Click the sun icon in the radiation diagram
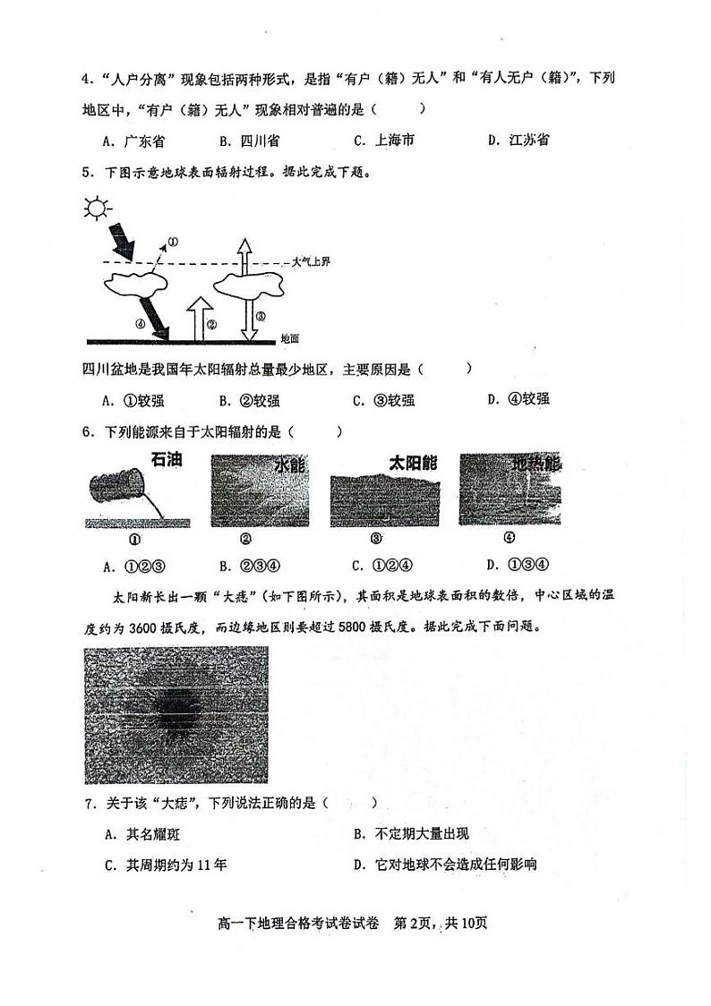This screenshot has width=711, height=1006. coord(97,209)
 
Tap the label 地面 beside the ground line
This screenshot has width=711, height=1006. coord(289,339)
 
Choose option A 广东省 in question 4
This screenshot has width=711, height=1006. coord(133,141)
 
